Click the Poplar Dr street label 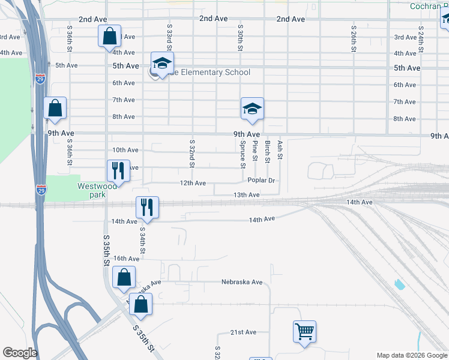[261, 180]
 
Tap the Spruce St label [243, 154]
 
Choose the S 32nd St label [192, 154]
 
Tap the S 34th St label [142, 239]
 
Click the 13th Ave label [246, 195]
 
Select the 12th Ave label [193, 183]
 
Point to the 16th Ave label [126, 259]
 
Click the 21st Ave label [243, 332]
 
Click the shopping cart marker [304, 331]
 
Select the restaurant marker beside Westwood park [118, 170]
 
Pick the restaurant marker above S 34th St [147, 208]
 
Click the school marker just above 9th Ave [252, 109]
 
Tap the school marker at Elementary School [161, 63]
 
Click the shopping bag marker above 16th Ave [123, 278]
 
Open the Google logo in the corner [20, 353]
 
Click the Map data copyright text [411, 355]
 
